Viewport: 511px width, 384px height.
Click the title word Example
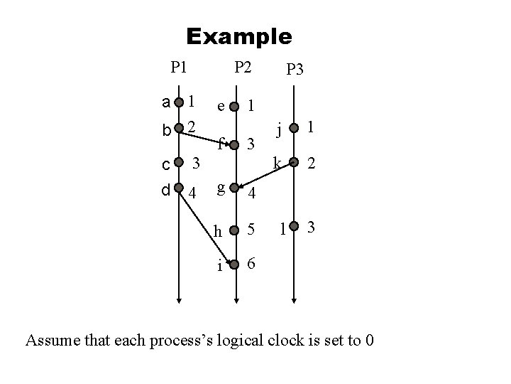point(238,36)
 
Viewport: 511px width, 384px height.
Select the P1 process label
point(179,68)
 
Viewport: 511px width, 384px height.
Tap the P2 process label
point(243,68)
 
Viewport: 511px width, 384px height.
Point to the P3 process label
point(295,69)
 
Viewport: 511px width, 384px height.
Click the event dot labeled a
point(179,102)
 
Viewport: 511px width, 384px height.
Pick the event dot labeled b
point(179,129)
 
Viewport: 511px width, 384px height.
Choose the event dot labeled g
point(236,189)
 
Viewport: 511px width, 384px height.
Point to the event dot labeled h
point(236,230)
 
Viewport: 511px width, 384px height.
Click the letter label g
point(222,187)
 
